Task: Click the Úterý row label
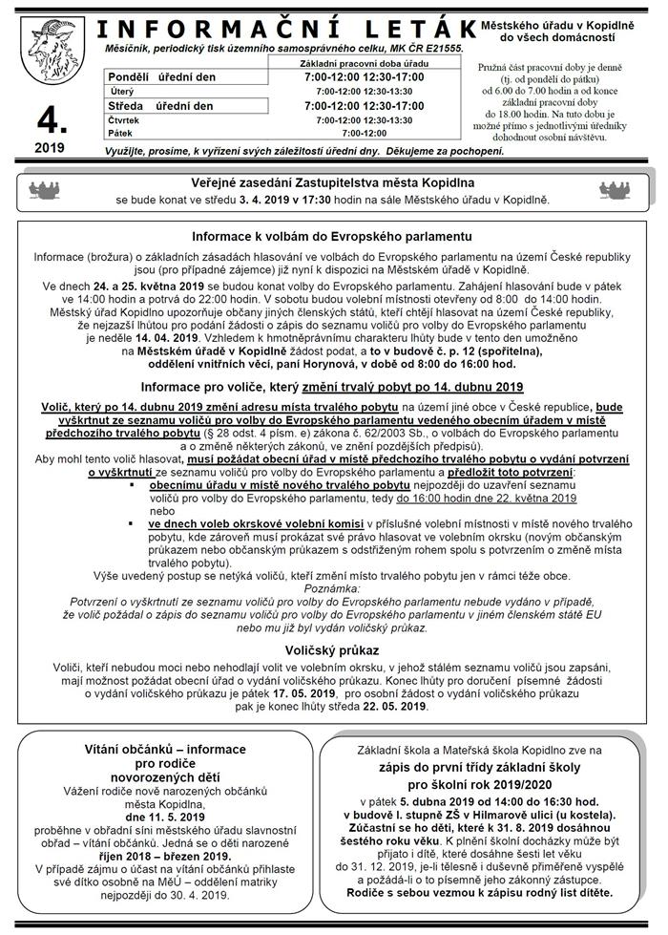122,91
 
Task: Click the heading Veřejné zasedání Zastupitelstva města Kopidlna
331,182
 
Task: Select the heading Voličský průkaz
332,650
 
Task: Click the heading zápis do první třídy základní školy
487,767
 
